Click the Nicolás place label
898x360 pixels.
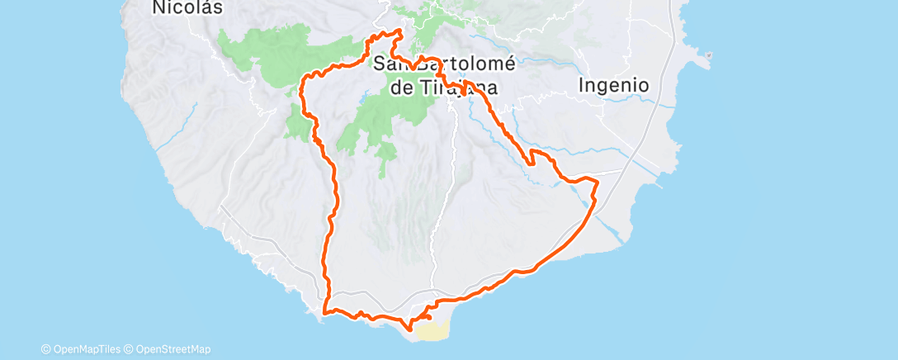tap(177, 7)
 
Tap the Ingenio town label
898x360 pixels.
tap(613, 85)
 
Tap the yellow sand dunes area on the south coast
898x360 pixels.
tap(432, 331)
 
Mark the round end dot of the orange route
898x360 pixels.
tap(428, 315)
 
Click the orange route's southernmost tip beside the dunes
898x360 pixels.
tap(410, 332)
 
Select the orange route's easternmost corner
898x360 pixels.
tap(596, 180)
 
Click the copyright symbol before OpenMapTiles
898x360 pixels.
tap(45, 349)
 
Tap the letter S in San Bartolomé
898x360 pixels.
tap(380, 64)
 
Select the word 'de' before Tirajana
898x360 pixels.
tap(401, 88)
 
